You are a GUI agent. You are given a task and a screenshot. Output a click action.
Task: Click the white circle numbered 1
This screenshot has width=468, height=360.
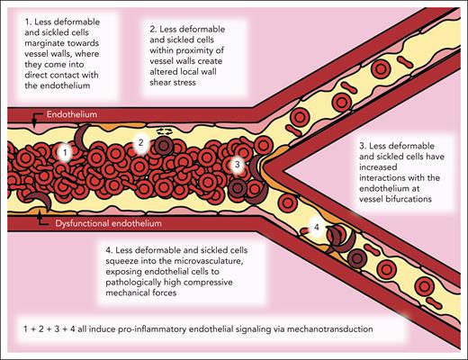64,153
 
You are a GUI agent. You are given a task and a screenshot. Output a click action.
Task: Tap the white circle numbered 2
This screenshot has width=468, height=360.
139,142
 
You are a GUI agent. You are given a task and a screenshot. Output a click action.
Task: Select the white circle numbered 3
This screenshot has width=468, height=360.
237,164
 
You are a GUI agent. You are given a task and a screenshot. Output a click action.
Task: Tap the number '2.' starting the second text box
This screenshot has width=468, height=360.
150,31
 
